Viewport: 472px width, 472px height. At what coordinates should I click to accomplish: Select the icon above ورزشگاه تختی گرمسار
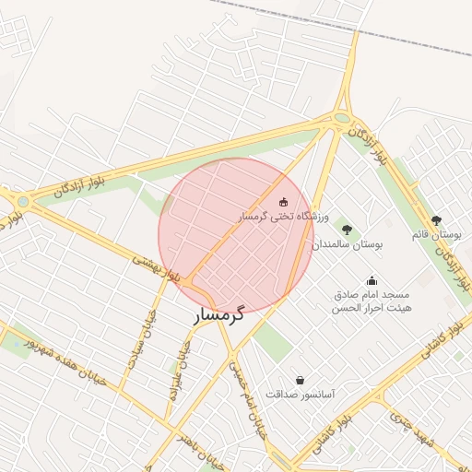[x=283, y=201]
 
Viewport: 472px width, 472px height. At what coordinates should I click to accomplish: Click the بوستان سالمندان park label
[x=346, y=245]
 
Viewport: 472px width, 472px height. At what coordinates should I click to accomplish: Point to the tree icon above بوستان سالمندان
[x=347, y=230]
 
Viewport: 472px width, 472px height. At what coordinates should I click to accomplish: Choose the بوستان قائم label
[x=436, y=235]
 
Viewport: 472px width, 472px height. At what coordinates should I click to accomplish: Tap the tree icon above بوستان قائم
[x=436, y=220]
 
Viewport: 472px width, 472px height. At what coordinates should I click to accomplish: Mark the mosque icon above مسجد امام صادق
[x=372, y=280]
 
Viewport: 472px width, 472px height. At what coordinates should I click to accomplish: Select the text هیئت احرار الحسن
[x=372, y=308]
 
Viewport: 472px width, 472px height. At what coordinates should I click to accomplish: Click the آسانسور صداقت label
[x=301, y=394]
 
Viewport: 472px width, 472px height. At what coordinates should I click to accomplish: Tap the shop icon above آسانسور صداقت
[x=301, y=379]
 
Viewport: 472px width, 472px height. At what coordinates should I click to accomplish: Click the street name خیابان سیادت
[x=144, y=339]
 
